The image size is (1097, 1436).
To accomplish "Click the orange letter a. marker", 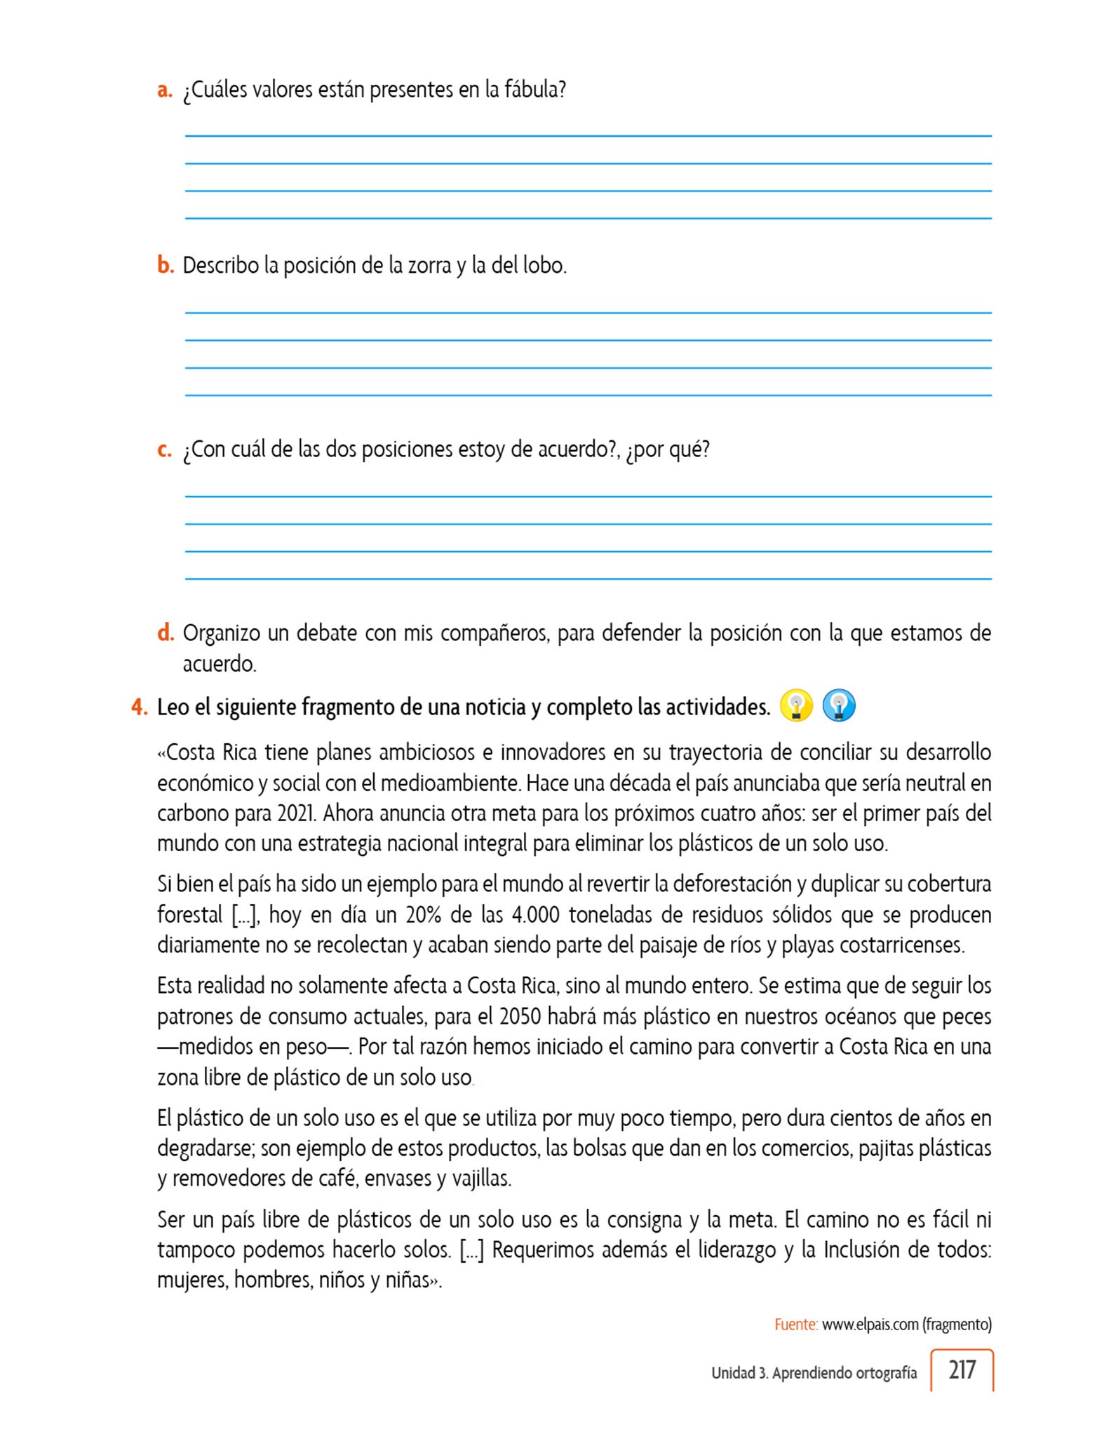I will click(165, 90).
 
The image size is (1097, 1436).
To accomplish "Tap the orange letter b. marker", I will click(166, 266).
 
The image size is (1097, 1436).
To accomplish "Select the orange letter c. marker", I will click(165, 449).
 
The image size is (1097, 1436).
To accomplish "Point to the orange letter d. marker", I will click(166, 633).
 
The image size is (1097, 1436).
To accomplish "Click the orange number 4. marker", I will click(140, 707).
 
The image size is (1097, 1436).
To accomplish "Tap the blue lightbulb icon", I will click(839, 705).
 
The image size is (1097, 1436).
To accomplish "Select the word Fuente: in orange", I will click(796, 1325).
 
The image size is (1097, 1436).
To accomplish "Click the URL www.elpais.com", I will click(870, 1325).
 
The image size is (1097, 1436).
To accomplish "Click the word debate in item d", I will click(325, 633).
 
